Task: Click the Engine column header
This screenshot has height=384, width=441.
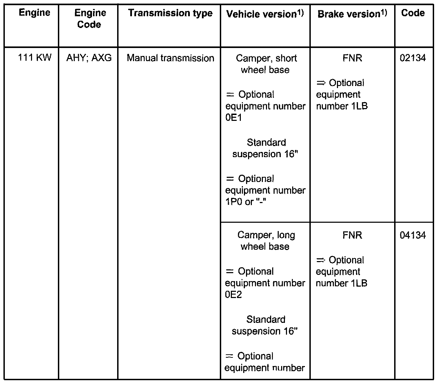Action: tap(34, 13)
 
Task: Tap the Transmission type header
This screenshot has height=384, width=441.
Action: tap(170, 13)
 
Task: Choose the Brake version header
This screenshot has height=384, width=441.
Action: tap(348, 14)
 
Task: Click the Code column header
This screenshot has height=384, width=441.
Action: tap(413, 13)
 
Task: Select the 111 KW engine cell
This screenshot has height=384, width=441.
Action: tap(34, 57)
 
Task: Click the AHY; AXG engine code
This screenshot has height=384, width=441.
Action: tap(89, 58)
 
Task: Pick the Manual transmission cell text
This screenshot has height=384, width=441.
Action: tap(170, 58)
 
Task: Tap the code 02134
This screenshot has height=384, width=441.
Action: tap(413, 58)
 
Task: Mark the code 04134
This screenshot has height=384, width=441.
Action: tap(413, 236)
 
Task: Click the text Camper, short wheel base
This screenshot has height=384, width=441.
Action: tap(266, 64)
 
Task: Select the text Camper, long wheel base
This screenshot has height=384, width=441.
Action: tap(266, 241)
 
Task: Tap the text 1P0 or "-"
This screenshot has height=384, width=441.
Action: tap(246, 202)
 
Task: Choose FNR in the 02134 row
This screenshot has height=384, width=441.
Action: tap(352, 58)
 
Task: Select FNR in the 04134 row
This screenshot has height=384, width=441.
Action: tap(352, 236)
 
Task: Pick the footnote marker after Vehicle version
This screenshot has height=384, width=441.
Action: tap(300, 13)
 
